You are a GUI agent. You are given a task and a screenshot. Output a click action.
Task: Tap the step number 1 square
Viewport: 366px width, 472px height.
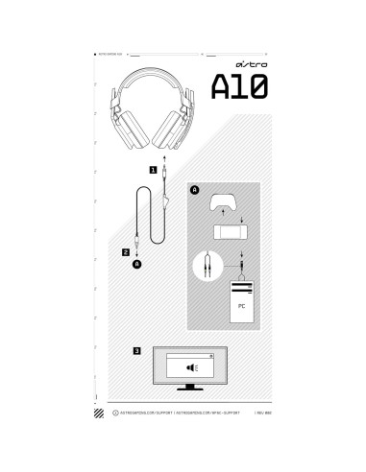[x=152, y=168]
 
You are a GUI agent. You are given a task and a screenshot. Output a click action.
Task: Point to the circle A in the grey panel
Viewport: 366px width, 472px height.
[x=195, y=191]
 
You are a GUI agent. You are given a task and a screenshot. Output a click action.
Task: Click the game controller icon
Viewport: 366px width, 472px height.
[x=227, y=202]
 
